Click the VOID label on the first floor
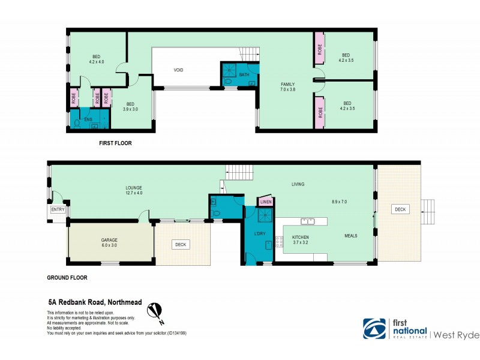tap(178, 70)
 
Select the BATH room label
tap(244, 75)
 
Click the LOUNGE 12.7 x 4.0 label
tap(133, 190)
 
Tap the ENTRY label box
tap(58, 209)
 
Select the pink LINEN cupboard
tap(266, 202)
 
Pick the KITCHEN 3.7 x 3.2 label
tap(300, 240)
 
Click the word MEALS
tap(350, 236)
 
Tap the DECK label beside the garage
tap(180, 245)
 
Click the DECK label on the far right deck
tap(400, 209)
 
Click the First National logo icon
tap(374, 328)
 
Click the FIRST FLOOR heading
tap(115, 143)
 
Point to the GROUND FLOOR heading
tap(67, 278)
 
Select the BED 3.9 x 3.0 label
tap(130, 107)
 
